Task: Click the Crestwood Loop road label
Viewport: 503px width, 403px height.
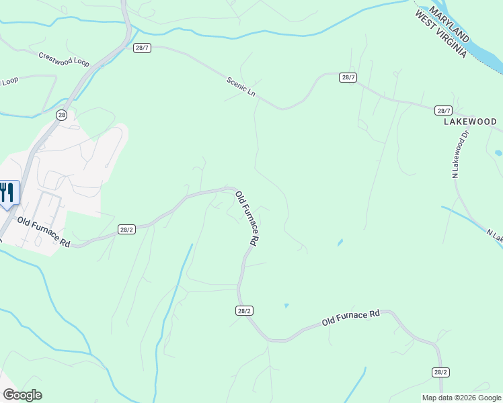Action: [x=64, y=60]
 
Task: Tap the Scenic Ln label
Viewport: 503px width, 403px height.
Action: [x=241, y=87]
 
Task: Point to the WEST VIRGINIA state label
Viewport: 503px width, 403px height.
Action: [x=440, y=34]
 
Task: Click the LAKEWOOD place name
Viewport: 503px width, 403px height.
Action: [x=470, y=122]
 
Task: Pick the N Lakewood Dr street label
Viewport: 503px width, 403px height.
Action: [x=459, y=155]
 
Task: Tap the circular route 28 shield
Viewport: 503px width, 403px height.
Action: [x=62, y=115]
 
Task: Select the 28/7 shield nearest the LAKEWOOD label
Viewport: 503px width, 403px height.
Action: [x=443, y=110]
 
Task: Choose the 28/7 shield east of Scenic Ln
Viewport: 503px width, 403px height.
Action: [x=347, y=77]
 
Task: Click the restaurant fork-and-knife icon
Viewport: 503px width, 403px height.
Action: [x=7, y=193]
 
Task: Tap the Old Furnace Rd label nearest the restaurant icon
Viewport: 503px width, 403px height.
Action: [x=44, y=232]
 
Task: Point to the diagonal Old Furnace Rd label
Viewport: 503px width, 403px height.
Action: [x=247, y=218]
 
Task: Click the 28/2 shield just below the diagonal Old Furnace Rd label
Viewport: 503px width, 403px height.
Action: [x=244, y=310]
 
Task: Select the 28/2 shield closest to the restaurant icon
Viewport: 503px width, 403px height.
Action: [x=126, y=229]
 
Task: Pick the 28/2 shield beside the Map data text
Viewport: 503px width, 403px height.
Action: [x=440, y=372]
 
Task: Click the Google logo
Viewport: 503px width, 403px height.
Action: [x=22, y=395]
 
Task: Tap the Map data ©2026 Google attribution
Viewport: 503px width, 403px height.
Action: [x=462, y=398]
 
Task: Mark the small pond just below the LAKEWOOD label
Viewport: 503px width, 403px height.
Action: [x=498, y=153]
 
